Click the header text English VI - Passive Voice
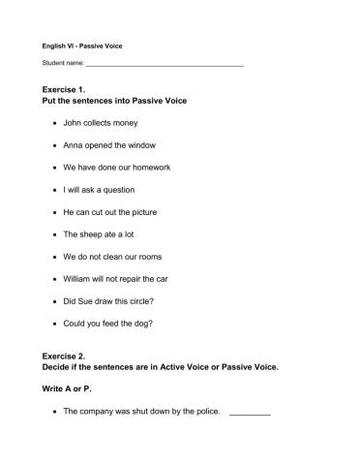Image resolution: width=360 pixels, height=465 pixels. [82, 45]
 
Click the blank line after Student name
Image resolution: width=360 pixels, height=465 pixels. [165, 65]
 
